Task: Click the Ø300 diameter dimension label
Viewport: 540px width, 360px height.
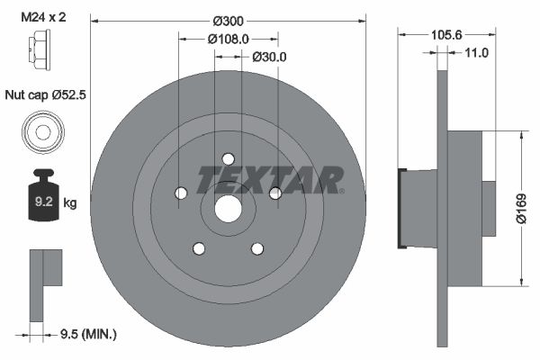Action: tap(228, 19)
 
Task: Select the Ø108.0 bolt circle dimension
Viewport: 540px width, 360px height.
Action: tap(228, 39)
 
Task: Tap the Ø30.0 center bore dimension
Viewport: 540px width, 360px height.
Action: tap(268, 56)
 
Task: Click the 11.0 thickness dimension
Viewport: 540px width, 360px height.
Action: tap(476, 53)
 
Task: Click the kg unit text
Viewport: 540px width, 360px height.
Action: tap(70, 203)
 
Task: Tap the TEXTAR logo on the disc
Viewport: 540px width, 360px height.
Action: tap(270, 180)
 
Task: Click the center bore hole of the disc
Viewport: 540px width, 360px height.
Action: tap(228, 209)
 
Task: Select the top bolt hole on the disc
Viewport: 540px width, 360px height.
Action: tap(228, 158)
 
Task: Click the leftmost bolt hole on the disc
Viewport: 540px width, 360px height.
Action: tap(180, 193)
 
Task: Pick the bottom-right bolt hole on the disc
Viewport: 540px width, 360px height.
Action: tap(257, 248)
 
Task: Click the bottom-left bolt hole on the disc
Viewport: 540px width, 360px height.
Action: tap(198, 248)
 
